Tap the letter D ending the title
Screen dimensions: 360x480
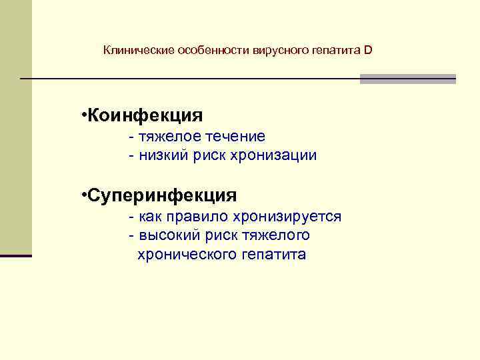point(369,51)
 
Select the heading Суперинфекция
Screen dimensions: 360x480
point(161,195)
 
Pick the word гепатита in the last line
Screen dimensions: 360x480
point(272,255)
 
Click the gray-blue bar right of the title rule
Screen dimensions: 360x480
point(407,79)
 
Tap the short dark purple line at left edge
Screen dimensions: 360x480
point(16,255)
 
